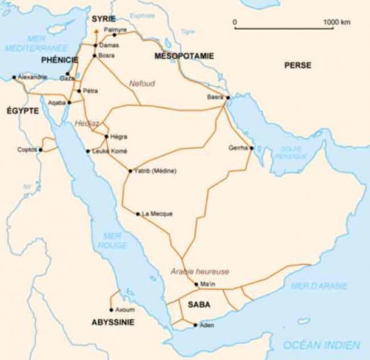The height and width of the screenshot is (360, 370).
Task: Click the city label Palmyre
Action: tap(116, 29)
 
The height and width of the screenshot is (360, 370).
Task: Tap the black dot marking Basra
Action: tap(228, 97)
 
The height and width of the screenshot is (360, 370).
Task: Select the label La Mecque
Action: tap(157, 214)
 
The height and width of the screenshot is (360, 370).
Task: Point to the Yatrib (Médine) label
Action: tap(155, 171)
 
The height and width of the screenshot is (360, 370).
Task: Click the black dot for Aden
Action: tap(195, 325)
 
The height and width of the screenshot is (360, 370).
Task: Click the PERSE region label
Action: tap(298, 65)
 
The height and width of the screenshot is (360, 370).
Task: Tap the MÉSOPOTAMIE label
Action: tap(184, 56)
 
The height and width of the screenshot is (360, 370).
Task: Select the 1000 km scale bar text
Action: tap(337, 22)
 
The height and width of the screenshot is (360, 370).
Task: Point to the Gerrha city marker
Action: tap(251, 148)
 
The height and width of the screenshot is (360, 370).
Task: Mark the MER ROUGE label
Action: tap(113, 240)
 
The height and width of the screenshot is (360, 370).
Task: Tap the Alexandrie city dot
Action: tap(15, 78)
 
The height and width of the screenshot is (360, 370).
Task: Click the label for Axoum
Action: tap(125, 310)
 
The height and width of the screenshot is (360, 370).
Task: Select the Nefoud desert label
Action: tap(142, 83)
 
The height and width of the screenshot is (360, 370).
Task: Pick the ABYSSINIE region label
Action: tap(112, 322)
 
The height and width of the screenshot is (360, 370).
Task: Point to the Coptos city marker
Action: tap(41, 149)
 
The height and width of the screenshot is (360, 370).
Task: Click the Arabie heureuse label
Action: tap(200, 272)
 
